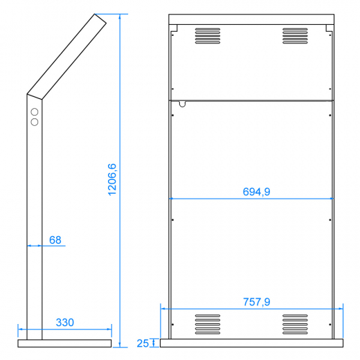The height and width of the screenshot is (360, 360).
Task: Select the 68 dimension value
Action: click(x=55, y=240)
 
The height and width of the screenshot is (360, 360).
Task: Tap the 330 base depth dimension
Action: click(x=64, y=323)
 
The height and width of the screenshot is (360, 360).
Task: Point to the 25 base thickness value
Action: click(x=143, y=343)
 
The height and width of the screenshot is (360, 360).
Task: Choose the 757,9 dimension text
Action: click(x=256, y=302)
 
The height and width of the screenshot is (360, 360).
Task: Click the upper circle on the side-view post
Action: click(x=34, y=111)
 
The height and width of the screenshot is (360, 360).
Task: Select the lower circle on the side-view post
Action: click(x=34, y=122)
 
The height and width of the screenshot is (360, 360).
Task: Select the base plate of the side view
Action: click(x=64, y=343)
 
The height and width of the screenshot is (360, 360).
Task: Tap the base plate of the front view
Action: click(x=251, y=342)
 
